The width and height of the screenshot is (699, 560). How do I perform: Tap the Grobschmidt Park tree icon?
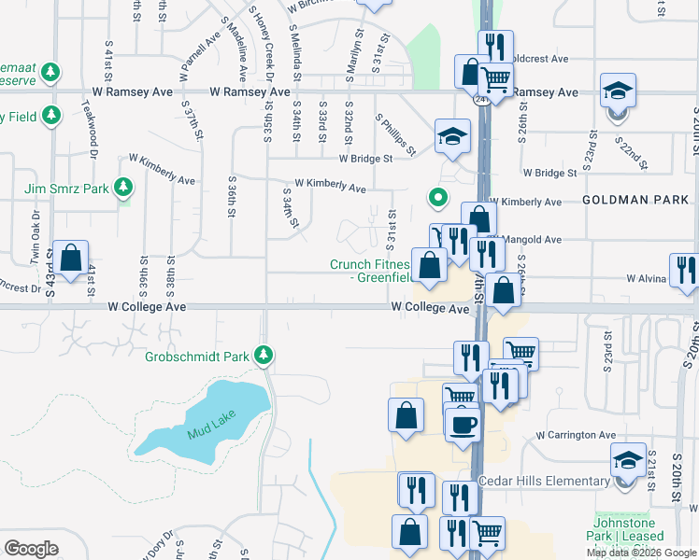265,355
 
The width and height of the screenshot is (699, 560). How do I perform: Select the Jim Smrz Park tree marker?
123,188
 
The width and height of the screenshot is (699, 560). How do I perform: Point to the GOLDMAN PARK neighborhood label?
635,201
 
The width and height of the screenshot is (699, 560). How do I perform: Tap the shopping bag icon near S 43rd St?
70,259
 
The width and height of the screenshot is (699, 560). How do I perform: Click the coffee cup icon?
464,425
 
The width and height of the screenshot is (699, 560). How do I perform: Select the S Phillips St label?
395,133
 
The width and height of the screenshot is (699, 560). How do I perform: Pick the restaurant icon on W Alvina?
685,272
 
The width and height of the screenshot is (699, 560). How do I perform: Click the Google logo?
31,548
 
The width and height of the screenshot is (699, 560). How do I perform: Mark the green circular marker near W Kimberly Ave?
436,197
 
